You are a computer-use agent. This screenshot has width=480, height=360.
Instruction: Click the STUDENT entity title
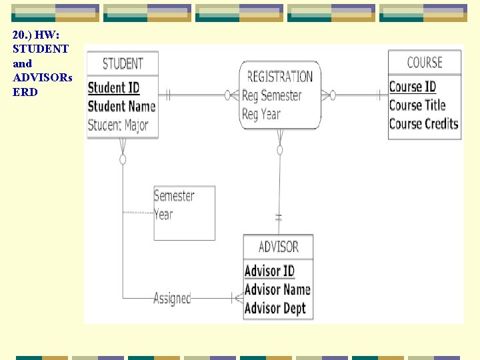[123, 64]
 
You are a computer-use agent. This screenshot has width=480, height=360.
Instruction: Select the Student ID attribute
[114, 87]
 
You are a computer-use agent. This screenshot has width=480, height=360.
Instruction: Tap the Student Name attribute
[121, 106]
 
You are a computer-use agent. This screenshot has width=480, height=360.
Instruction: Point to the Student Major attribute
[118, 125]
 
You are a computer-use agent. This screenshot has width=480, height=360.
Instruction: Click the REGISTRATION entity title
[279, 77]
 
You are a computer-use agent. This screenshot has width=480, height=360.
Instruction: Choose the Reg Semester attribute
[271, 95]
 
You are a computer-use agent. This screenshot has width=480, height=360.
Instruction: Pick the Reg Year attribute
[261, 114]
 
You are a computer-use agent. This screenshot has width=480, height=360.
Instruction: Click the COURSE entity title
[425, 63]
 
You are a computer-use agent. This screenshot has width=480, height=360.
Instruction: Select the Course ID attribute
[413, 87]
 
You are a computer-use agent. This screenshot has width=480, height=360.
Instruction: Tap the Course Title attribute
[417, 105]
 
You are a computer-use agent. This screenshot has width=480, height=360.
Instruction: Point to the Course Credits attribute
[423, 124]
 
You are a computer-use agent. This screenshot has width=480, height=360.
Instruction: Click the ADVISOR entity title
[278, 247]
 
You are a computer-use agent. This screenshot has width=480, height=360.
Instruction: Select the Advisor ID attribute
[269, 271]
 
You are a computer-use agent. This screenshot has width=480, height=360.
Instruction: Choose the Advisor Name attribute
[277, 289]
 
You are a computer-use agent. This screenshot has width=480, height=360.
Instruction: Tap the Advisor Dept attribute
[275, 308]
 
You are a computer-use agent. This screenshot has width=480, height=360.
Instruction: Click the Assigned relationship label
[172, 298]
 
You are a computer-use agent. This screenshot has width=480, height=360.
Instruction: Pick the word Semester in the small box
[174, 196]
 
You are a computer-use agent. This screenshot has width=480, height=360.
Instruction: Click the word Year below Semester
[163, 215]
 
